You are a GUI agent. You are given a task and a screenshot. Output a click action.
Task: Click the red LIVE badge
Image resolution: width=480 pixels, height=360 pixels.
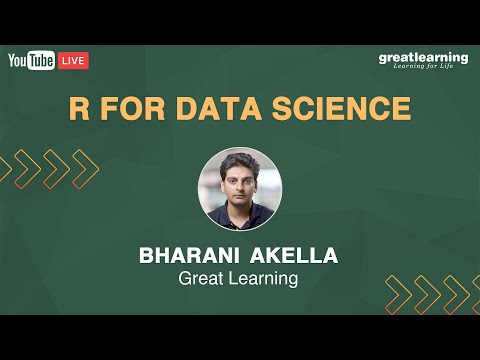(x=74, y=61)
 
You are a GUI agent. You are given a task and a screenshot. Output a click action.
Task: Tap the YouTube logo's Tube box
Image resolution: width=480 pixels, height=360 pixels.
(x=41, y=61)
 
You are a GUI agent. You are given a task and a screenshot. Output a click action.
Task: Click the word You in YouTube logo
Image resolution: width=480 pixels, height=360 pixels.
(x=18, y=61)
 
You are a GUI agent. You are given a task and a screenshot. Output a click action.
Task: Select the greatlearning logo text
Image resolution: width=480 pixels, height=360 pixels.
(x=423, y=57)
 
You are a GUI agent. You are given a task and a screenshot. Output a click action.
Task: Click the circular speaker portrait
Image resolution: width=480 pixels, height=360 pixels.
(x=240, y=189)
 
